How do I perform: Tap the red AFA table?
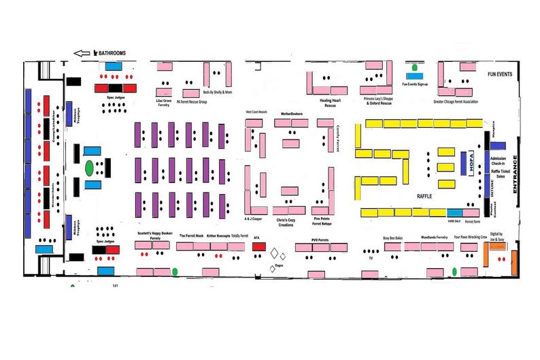[258, 246]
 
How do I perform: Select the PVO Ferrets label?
[319, 239]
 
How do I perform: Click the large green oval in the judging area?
[89, 167]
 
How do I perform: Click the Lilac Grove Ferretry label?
[163, 103]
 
